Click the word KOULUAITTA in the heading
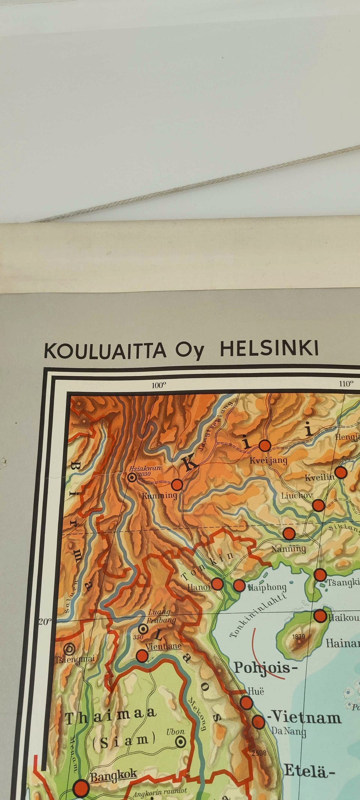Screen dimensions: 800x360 [x=105, y=350]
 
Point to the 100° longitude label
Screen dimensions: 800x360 [x=159, y=385]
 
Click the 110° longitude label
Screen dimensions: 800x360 [x=346, y=383]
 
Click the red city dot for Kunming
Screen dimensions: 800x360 [x=177, y=485]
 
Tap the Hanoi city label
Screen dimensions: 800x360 [x=199, y=587]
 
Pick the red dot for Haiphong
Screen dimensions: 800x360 [x=239, y=585]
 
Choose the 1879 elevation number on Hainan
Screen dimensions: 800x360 [x=299, y=636]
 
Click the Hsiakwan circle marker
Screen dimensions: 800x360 [x=132, y=477]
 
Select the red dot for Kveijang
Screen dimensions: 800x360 [x=265, y=446]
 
